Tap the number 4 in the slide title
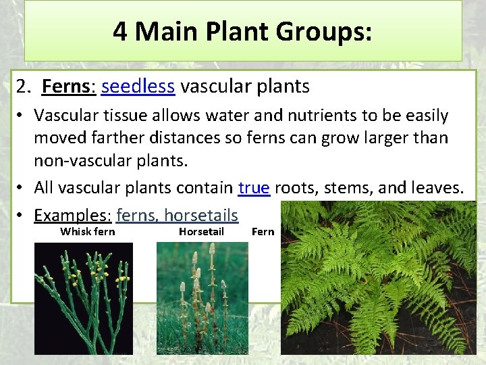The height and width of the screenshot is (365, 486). tap(120, 32)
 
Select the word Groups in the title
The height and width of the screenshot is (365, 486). tap(323, 32)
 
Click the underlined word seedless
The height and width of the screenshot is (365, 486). tap(138, 87)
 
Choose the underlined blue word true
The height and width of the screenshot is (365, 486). tap(254, 187)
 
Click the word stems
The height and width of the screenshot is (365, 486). tap(350, 187)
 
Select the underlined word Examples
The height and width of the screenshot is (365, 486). tap(70, 216)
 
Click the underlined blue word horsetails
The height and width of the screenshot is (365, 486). tap(201, 216)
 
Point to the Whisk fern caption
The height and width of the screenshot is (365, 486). tap(88, 232)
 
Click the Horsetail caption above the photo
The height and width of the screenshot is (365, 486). tap(200, 232)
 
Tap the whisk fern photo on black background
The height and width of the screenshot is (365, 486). tap(84, 297)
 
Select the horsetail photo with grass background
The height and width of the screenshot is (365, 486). tap(202, 297)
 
